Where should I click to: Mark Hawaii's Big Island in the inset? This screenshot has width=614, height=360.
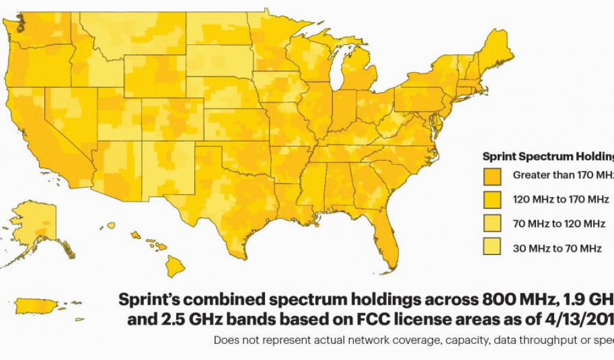[x=175, y=265]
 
